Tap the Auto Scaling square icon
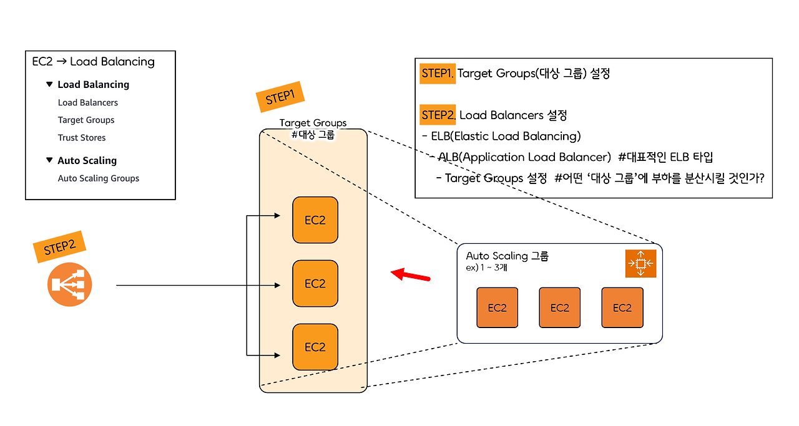click(640, 263)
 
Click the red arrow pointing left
click(410, 275)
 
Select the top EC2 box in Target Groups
click(315, 220)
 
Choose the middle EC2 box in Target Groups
click(315, 283)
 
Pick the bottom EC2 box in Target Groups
click(315, 347)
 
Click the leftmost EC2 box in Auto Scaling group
click(497, 307)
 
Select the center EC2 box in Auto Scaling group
click(559, 307)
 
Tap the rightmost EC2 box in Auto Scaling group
click(622, 307)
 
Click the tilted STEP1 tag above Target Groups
click(280, 97)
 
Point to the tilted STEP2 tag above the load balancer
click(59, 247)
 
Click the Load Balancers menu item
click(87, 102)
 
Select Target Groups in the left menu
click(86, 120)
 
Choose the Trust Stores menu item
click(82, 137)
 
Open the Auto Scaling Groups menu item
click(98, 178)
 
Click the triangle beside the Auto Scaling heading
click(49, 160)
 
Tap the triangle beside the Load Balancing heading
click(49, 84)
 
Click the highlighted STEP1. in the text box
click(438, 74)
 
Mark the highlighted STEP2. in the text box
click(439, 115)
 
